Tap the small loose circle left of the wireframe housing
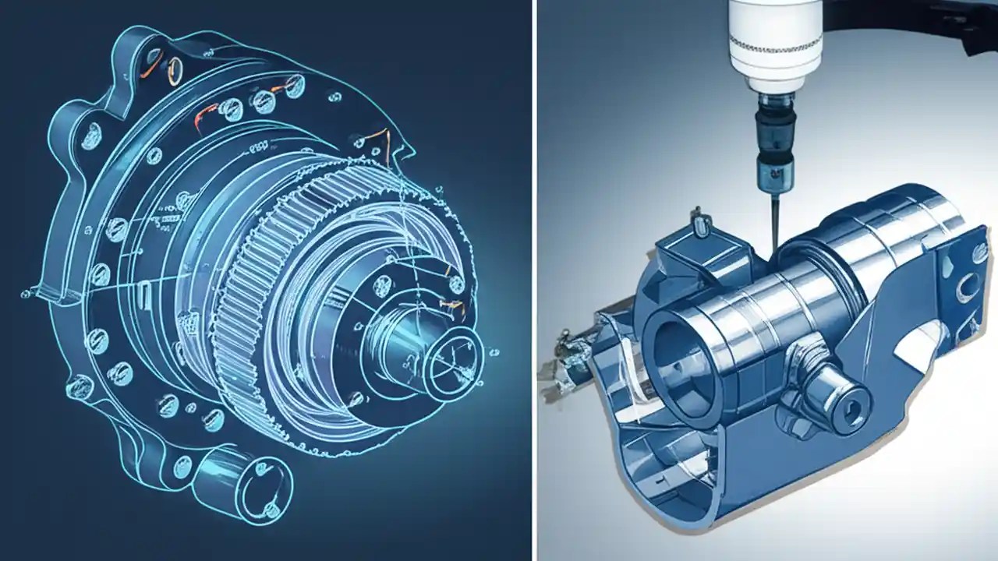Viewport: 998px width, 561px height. [24, 294]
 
